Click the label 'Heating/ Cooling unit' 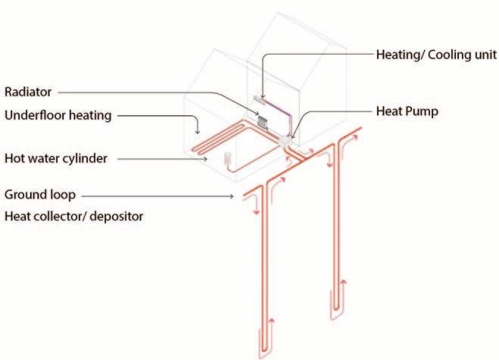click(x=436, y=55)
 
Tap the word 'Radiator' click(x=27, y=92)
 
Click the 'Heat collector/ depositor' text click(x=73, y=216)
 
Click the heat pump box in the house click(x=286, y=140)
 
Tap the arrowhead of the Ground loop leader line click(x=232, y=196)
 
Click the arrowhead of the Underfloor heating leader click(x=198, y=130)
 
